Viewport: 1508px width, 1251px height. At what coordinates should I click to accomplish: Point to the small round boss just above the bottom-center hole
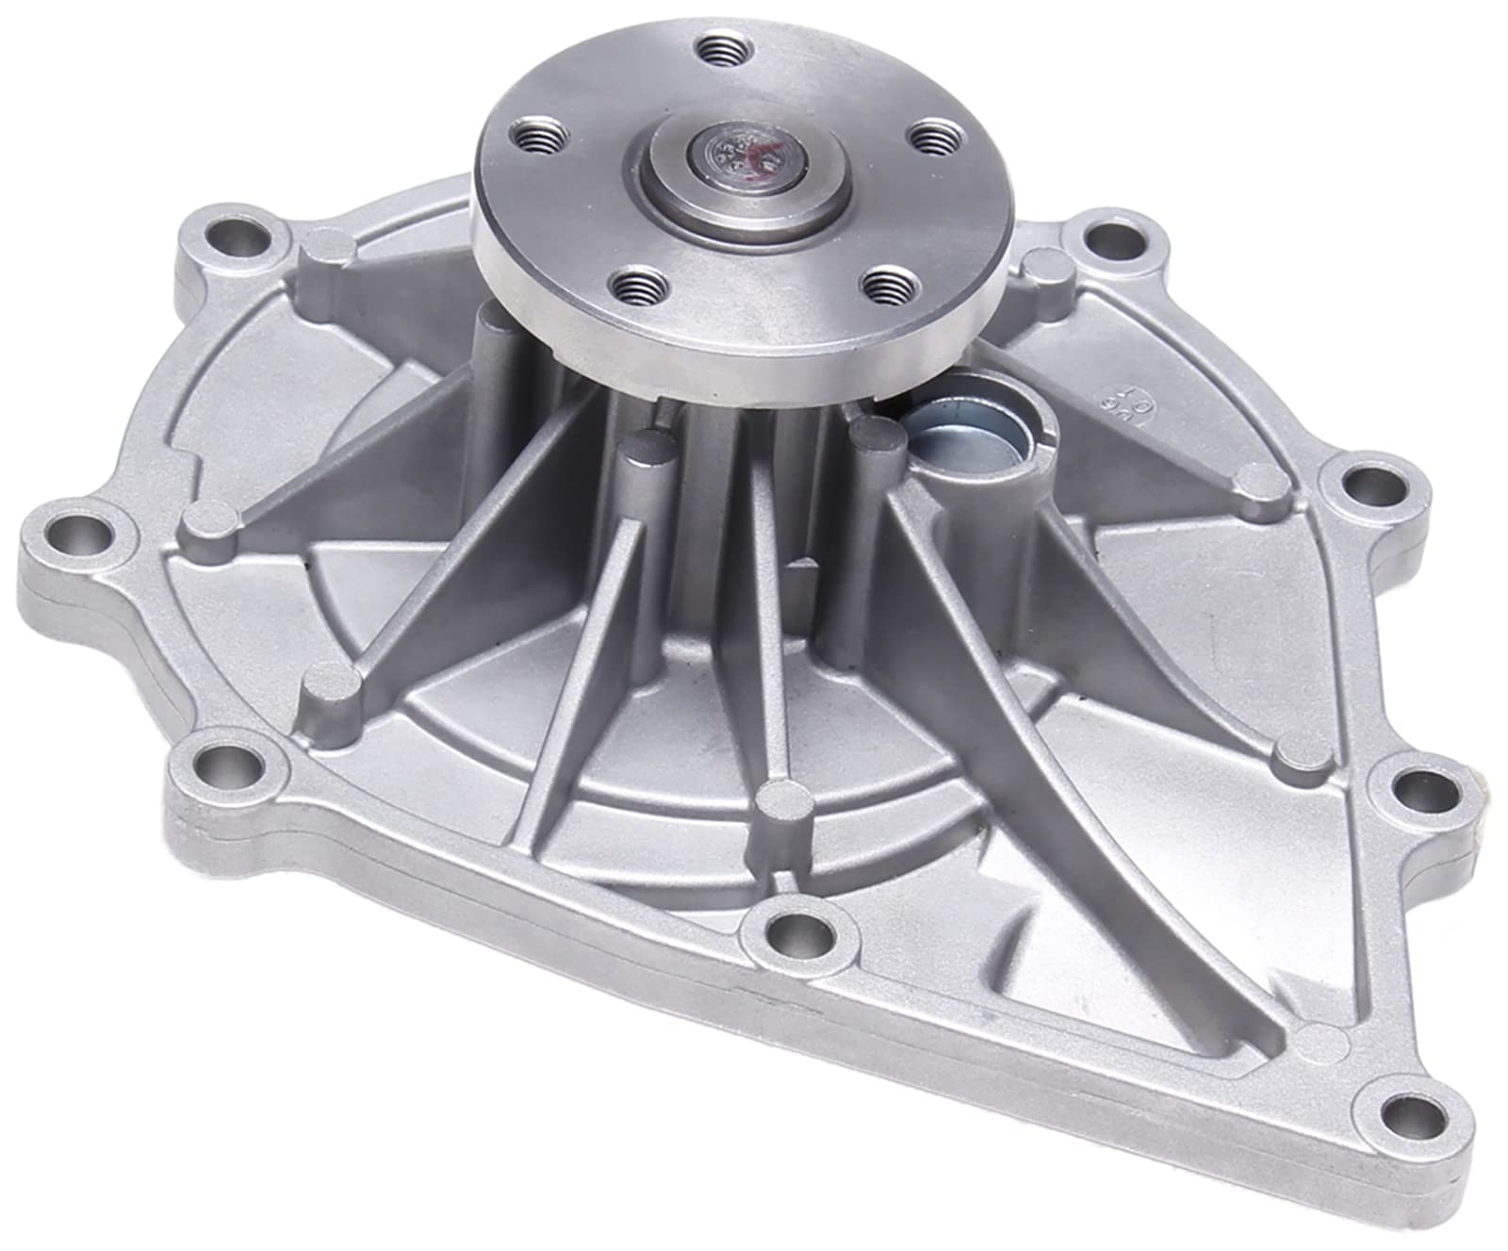pyautogui.click(x=783, y=799)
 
